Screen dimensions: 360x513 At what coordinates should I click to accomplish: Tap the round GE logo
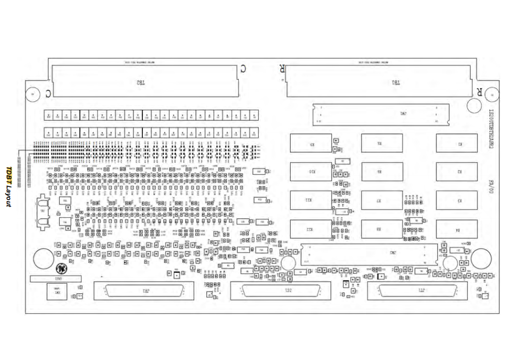coord(61,269)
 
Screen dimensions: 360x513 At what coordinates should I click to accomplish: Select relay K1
coord(456,143)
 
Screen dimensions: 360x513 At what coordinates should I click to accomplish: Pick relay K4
coord(456,229)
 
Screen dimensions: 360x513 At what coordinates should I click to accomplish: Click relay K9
coord(311,143)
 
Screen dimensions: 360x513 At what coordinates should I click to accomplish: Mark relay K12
coord(311,229)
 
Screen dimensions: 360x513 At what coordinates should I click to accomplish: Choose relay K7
coord(379,200)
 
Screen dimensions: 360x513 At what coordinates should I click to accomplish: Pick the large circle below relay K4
coord(480,258)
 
